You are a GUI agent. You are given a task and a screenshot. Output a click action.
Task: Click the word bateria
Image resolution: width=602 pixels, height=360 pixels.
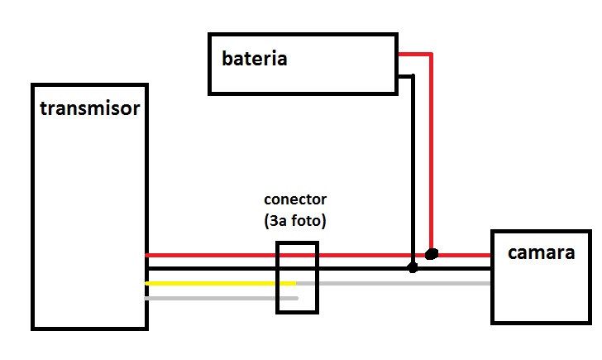[x=254, y=59]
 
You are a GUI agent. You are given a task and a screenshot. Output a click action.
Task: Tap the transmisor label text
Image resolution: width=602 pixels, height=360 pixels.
[x=89, y=108]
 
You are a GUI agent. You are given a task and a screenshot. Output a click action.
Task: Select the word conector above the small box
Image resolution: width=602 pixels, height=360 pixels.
[x=295, y=199]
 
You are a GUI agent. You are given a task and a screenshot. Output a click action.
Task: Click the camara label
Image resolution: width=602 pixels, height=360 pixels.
[x=541, y=252]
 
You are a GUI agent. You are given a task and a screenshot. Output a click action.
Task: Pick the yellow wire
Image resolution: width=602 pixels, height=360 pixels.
[x=219, y=283]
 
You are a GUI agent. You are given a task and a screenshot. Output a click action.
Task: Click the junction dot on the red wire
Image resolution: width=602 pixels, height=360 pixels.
[x=431, y=253]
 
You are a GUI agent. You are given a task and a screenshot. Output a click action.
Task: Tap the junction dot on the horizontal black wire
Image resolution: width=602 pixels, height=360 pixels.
[x=413, y=268]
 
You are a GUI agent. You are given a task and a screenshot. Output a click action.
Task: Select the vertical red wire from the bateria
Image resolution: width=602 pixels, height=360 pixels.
[x=431, y=149]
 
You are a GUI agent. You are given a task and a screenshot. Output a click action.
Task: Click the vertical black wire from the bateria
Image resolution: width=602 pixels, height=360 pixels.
[x=413, y=166]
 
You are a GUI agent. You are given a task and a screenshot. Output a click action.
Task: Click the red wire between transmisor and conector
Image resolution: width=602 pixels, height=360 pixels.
[x=211, y=255]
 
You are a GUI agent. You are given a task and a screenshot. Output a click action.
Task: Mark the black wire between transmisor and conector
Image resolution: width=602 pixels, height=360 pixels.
[x=211, y=269]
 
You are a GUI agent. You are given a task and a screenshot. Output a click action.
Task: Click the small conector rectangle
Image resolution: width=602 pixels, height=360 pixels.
[x=297, y=277]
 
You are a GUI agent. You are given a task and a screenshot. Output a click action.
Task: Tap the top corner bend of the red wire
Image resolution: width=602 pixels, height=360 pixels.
[x=431, y=55]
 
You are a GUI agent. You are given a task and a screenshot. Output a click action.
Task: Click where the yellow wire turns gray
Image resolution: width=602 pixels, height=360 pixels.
[x=296, y=283]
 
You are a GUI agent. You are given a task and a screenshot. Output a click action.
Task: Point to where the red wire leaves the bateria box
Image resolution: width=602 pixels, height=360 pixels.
[x=399, y=55]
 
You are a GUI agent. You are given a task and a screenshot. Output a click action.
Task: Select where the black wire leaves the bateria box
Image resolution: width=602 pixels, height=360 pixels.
[x=399, y=76]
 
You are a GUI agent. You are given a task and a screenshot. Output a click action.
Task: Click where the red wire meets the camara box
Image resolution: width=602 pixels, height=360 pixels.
[x=491, y=255]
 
